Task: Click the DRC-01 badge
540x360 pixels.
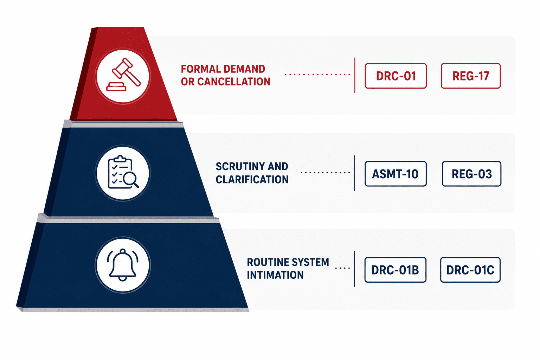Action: tap(396, 76)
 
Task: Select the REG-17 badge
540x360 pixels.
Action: tap(471, 76)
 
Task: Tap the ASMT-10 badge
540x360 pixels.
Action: tap(396, 174)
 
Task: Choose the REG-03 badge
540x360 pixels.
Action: tap(471, 174)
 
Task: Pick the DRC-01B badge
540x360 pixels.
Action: tap(395, 270)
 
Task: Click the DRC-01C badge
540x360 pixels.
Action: tap(470, 270)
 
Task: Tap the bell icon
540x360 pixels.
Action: tap(123, 265)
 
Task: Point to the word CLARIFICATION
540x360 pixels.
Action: tap(252, 179)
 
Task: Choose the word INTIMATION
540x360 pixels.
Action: tap(275, 275)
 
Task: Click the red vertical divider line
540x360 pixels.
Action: tap(355, 75)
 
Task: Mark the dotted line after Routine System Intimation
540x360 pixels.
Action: tap(342, 268)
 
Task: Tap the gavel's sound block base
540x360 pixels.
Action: tap(116, 87)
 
